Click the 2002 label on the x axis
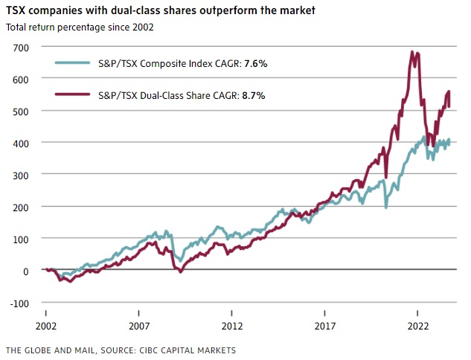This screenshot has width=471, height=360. (46, 326)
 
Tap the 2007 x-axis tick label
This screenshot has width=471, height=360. (139, 326)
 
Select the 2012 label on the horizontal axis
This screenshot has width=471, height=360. (232, 326)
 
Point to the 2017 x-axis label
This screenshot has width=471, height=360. (325, 326)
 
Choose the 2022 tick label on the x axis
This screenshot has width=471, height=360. (417, 326)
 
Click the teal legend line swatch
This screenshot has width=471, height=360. (76, 64)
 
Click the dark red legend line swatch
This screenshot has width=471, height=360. (76, 95)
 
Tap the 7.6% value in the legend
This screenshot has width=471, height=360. (254, 64)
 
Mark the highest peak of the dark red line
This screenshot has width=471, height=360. (412, 52)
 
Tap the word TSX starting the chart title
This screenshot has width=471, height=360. (16, 11)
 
